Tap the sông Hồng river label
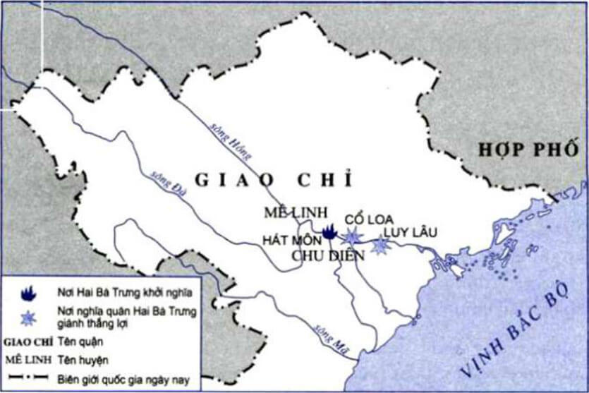[x=230, y=138]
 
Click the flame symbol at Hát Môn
[x=328, y=230]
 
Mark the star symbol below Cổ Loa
[x=352, y=236]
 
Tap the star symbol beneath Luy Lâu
[x=381, y=245]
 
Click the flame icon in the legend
[x=28, y=291]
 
